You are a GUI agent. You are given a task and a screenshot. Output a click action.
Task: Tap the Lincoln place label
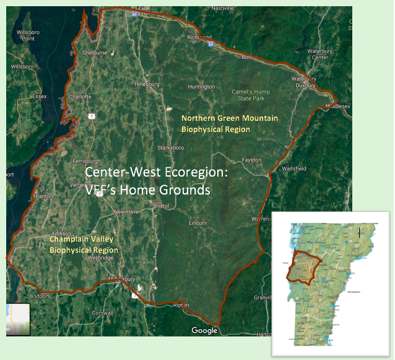pyautogui.click(x=197, y=222)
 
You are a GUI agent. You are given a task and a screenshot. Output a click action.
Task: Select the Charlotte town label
pyautogui.click(x=80, y=97)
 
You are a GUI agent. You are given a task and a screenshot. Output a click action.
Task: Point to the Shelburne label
pyautogui.click(x=95, y=53)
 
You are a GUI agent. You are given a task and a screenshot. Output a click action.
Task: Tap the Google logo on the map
pyautogui.click(x=204, y=330)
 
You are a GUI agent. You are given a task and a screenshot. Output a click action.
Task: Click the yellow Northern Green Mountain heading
pyautogui.click(x=215, y=123)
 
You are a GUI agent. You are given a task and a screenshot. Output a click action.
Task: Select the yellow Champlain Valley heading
pyautogui.click(x=84, y=244)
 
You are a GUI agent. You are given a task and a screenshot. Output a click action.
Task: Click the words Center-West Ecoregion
pyautogui.click(x=156, y=173)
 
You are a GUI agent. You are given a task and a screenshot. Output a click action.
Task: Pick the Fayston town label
pyautogui.click(x=251, y=160)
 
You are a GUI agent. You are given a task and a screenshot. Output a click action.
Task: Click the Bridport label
pyautogui.click(x=38, y=297)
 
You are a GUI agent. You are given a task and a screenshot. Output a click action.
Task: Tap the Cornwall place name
pyautogui.click(x=102, y=313)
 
